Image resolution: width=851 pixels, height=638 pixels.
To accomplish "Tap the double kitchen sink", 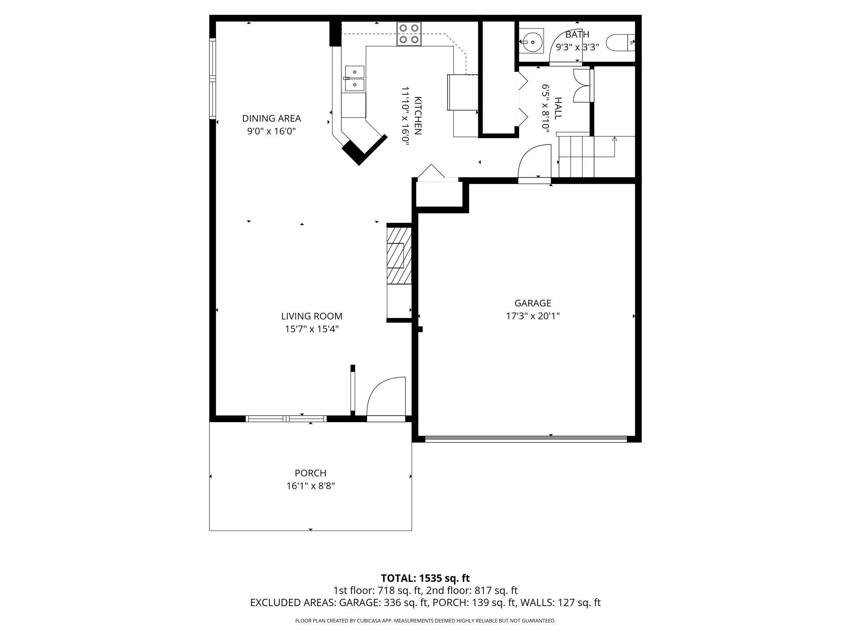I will (x=354, y=79).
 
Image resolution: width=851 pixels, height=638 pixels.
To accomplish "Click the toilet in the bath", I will (x=619, y=43).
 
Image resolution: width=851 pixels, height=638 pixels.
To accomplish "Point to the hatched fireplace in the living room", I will (x=398, y=256).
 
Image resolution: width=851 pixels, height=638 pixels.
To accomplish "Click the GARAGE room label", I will (x=532, y=303).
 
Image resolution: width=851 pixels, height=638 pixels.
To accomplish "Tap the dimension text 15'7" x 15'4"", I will (x=312, y=329).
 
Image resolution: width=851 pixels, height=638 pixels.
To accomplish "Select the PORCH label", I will (x=311, y=473).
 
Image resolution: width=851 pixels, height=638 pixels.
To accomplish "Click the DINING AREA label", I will (x=271, y=118).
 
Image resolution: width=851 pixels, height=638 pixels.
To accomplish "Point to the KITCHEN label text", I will (x=418, y=116).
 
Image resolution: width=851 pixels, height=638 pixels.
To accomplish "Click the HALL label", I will (x=558, y=108).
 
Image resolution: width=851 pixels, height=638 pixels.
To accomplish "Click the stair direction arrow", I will (x=614, y=140).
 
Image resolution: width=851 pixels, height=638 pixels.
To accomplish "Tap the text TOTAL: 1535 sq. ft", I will (x=425, y=578).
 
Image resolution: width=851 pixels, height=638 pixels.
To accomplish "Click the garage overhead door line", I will (x=526, y=439).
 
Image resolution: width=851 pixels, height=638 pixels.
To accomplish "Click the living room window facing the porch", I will (x=286, y=418).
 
